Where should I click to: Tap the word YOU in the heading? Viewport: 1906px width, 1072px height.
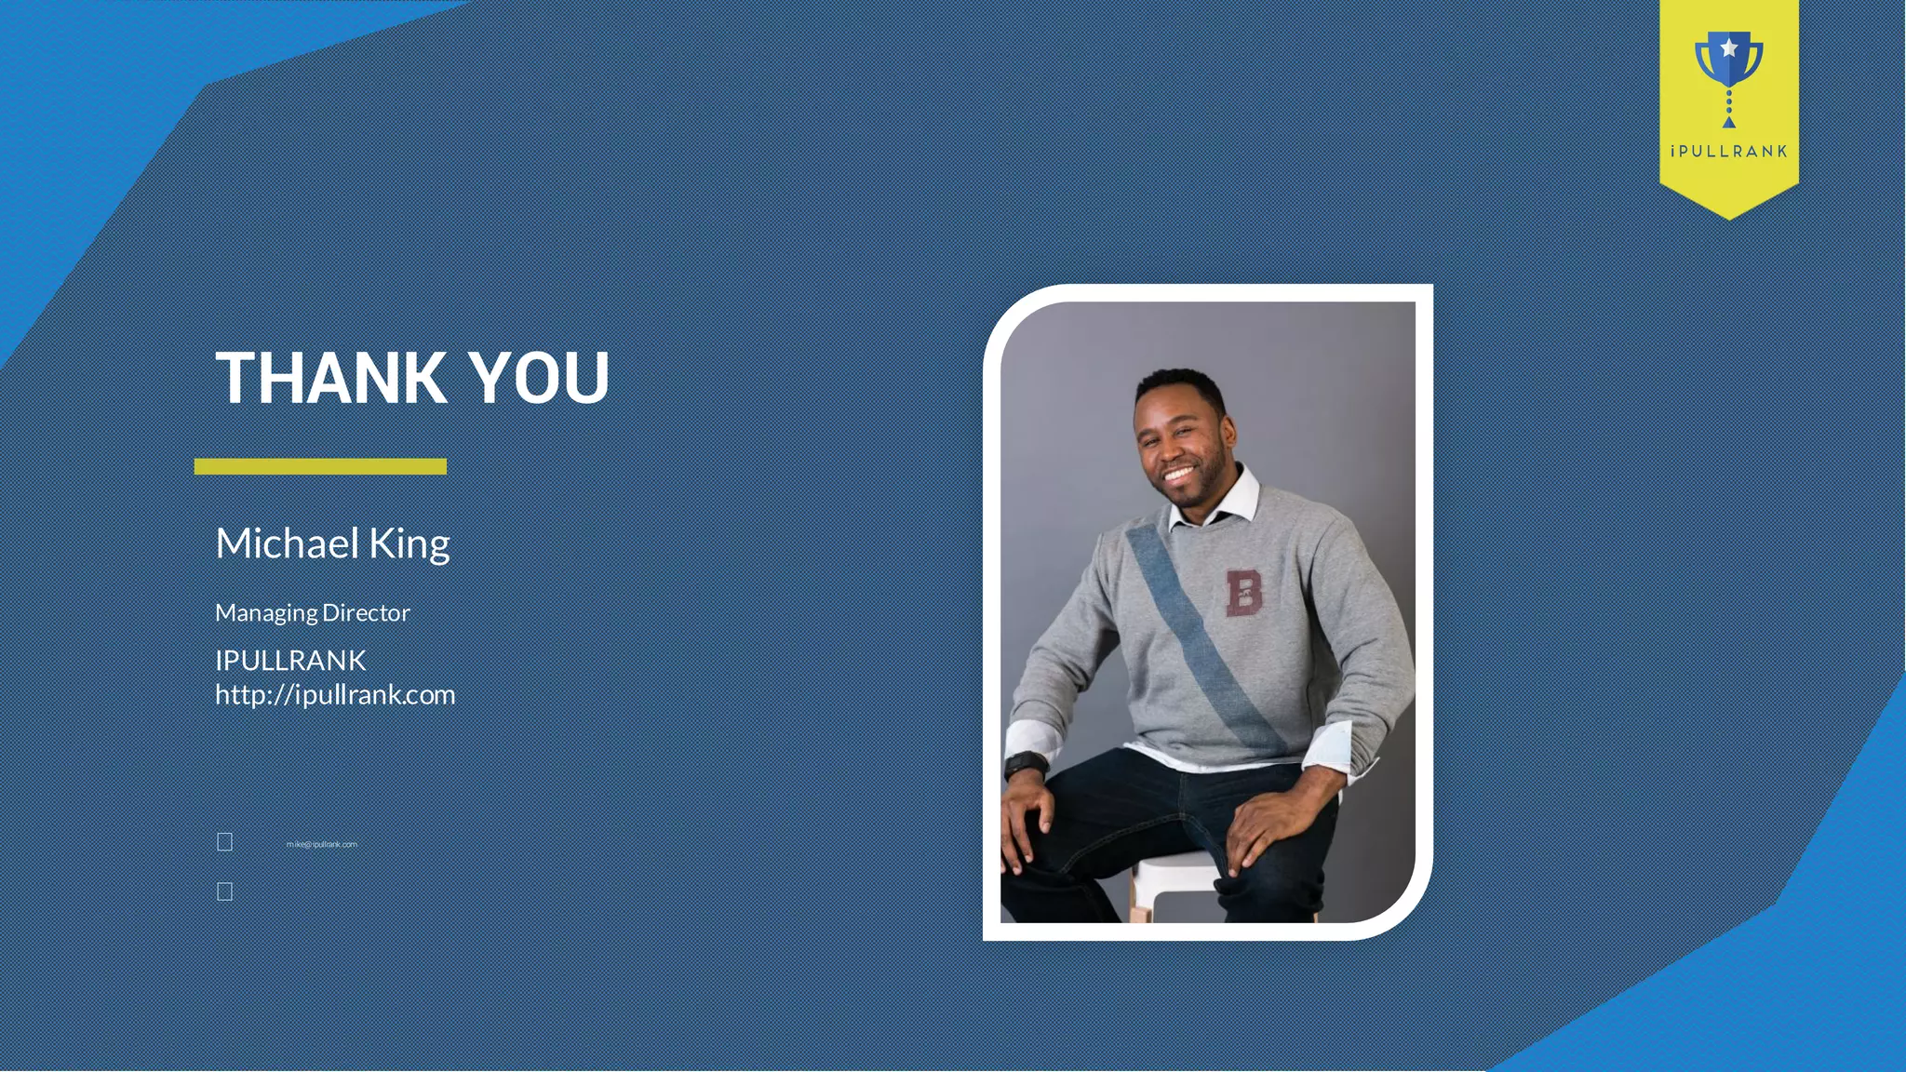[x=539, y=378]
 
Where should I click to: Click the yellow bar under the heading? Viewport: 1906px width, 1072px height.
[x=320, y=466]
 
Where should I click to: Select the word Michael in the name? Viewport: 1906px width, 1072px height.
[x=287, y=543]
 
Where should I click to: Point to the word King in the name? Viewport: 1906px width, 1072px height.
[x=409, y=544]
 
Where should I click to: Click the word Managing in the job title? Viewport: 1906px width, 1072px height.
[x=266, y=613]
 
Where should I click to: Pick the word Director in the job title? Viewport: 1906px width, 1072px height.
[x=366, y=612]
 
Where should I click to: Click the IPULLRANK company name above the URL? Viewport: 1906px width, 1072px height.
[x=290, y=660]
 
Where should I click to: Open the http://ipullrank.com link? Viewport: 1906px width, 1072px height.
[x=335, y=695]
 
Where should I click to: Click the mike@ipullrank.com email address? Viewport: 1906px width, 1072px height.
[x=322, y=844]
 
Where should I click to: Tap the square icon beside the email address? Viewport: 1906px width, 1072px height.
[x=225, y=842]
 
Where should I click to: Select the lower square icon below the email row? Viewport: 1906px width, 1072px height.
[x=225, y=891]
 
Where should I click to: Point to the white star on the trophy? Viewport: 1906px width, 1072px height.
[x=1728, y=47]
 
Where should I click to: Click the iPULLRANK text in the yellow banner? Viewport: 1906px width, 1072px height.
[x=1728, y=152]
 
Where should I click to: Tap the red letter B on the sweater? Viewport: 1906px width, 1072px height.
[x=1243, y=593]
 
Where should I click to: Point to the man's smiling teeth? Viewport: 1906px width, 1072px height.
[x=1178, y=475]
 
